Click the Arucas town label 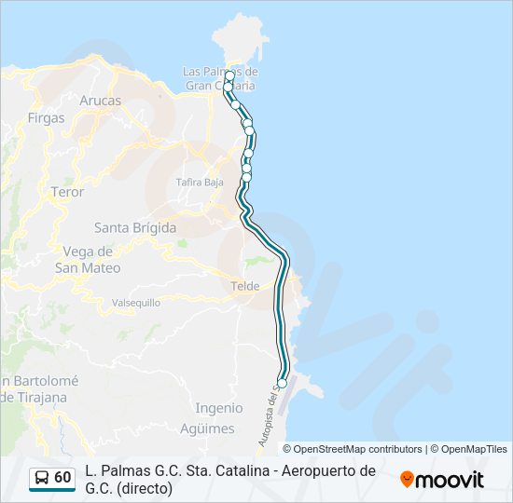[101, 100]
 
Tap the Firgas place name [47, 118]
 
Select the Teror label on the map [67, 192]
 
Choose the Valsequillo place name [136, 303]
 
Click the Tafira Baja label [201, 183]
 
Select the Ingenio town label [219, 407]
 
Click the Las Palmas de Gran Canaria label [220, 78]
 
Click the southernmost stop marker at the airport [283, 383]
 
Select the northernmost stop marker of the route [229, 75]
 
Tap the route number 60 [62, 478]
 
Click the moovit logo [442, 480]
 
